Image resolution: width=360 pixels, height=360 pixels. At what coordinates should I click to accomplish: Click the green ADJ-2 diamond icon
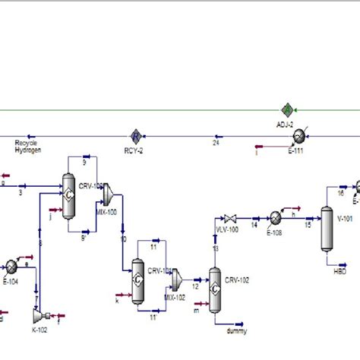(x=288, y=109)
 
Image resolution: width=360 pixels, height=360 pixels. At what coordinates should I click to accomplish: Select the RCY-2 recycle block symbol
(x=136, y=137)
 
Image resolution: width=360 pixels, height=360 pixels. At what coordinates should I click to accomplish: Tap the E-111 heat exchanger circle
(x=299, y=136)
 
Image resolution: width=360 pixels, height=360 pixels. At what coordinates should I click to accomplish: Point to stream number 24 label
(x=216, y=142)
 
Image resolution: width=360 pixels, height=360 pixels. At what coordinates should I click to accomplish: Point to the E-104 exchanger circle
(x=11, y=267)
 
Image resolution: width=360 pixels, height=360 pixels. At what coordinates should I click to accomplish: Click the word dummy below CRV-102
(x=236, y=331)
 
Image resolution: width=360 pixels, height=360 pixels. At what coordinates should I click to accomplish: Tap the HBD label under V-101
(x=339, y=270)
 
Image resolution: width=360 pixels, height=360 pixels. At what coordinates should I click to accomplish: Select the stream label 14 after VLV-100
(x=254, y=225)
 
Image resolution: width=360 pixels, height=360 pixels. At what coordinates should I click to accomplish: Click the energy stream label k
(x=117, y=300)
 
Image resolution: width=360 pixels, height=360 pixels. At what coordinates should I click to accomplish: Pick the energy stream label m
(x=196, y=310)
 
